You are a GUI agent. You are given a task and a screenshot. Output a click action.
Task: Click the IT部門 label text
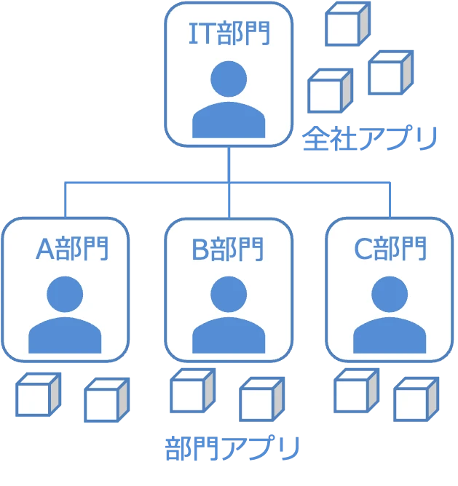pos(229,34)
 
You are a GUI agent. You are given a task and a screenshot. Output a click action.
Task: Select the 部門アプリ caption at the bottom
pos(232,449)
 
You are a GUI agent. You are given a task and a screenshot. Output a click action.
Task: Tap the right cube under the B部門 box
pos(261,399)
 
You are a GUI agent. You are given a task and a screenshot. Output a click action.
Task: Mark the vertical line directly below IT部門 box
pos(229,164)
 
